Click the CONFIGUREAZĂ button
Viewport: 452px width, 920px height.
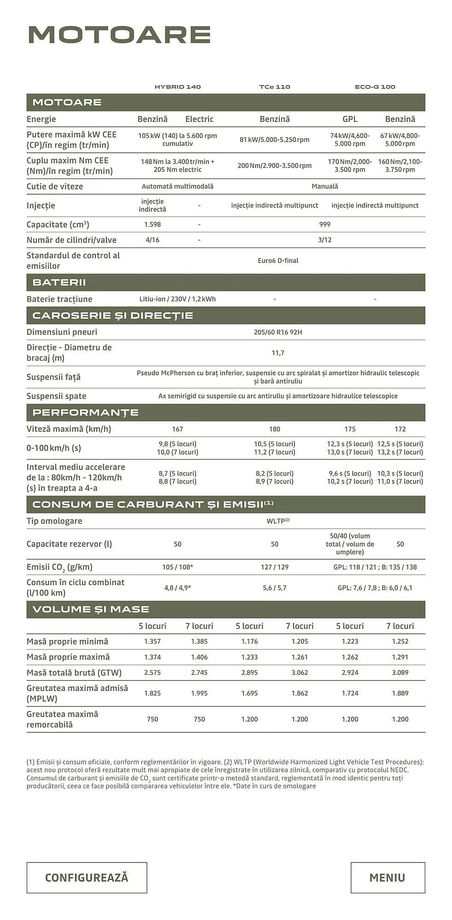click(x=87, y=877)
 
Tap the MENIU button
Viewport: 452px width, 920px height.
click(x=387, y=877)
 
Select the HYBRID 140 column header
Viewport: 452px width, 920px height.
click(x=178, y=86)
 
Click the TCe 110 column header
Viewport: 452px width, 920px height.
click(x=274, y=86)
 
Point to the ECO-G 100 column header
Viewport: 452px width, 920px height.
click(x=375, y=86)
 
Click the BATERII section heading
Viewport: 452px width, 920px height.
click(x=59, y=282)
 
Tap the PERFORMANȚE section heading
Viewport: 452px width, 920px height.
click(x=85, y=412)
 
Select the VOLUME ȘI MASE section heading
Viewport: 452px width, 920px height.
click(x=91, y=609)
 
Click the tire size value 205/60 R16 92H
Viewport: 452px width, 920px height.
click(x=278, y=332)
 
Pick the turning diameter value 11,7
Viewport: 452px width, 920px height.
click(x=278, y=353)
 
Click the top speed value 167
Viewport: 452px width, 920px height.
click(x=177, y=429)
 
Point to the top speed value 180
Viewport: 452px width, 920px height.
click(x=274, y=429)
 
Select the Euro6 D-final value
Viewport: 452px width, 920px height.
click(x=278, y=260)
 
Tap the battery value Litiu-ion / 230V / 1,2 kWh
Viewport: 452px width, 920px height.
click(x=177, y=299)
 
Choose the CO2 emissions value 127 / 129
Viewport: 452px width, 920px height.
click(x=274, y=567)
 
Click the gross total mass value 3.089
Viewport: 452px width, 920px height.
click(x=400, y=673)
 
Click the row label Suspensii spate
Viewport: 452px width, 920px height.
click(x=56, y=396)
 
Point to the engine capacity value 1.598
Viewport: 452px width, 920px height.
click(x=152, y=224)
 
